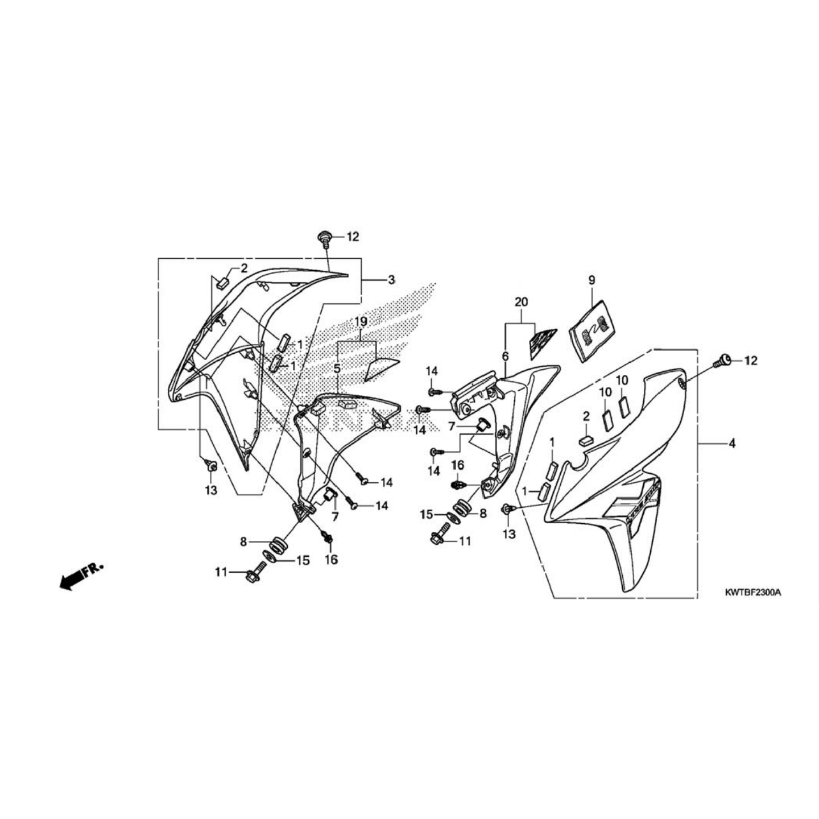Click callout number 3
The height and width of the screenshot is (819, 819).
click(x=391, y=280)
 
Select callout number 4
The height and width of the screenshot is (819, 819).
click(x=732, y=443)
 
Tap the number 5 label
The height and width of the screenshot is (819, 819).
click(x=337, y=369)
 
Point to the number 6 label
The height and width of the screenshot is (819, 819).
click(x=504, y=357)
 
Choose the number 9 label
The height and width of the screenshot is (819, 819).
click(x=591, y=280)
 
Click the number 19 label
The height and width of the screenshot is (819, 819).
click(x=361, y=322)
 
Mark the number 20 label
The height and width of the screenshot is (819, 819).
click(x=521, y=302)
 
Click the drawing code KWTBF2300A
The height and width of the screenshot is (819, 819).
click(x=752, y=592)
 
